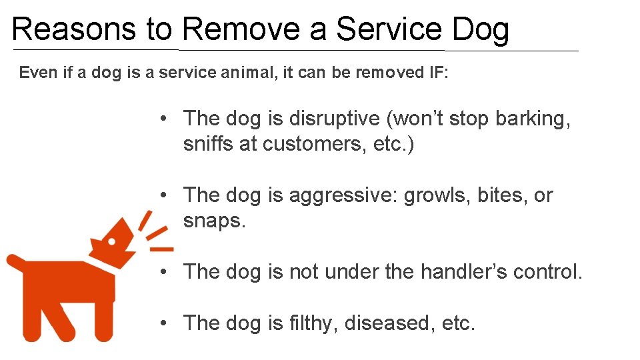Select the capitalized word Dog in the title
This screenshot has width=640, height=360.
pos(480,30)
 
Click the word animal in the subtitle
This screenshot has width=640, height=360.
pos(247,73)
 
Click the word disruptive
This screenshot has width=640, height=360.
pos(335,119)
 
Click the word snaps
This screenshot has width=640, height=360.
pos(215,221)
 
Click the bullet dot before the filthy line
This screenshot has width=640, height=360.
pos(163,323)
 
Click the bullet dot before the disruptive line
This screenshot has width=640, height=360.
pos(163,119)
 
